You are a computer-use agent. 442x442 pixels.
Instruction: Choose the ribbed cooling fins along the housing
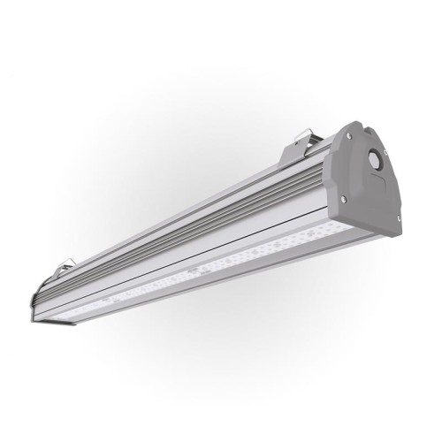click(x=177, y=221)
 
